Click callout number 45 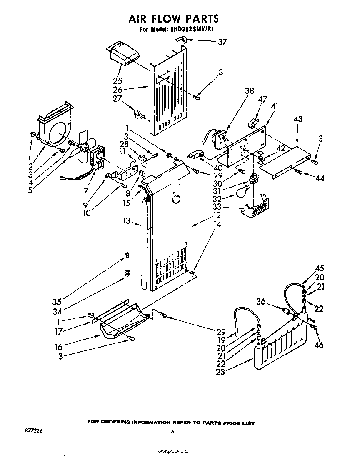pyautogui.click(x=319, y=269)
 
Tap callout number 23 pyautogui.click(x=220, y=372)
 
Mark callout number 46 pyautogui.click(x=319, y=345)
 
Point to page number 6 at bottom pyautogui.click(x=172, y=432)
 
